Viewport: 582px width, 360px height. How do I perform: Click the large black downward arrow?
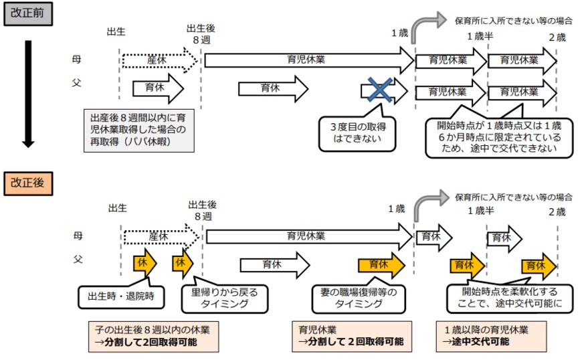[28, 94]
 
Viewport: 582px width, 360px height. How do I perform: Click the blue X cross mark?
[377, 90]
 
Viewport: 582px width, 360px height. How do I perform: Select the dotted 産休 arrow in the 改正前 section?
[161, 60]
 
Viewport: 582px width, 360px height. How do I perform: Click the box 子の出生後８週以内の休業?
[153, 336]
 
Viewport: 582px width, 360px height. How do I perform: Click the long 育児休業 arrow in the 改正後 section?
[308, 236]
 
